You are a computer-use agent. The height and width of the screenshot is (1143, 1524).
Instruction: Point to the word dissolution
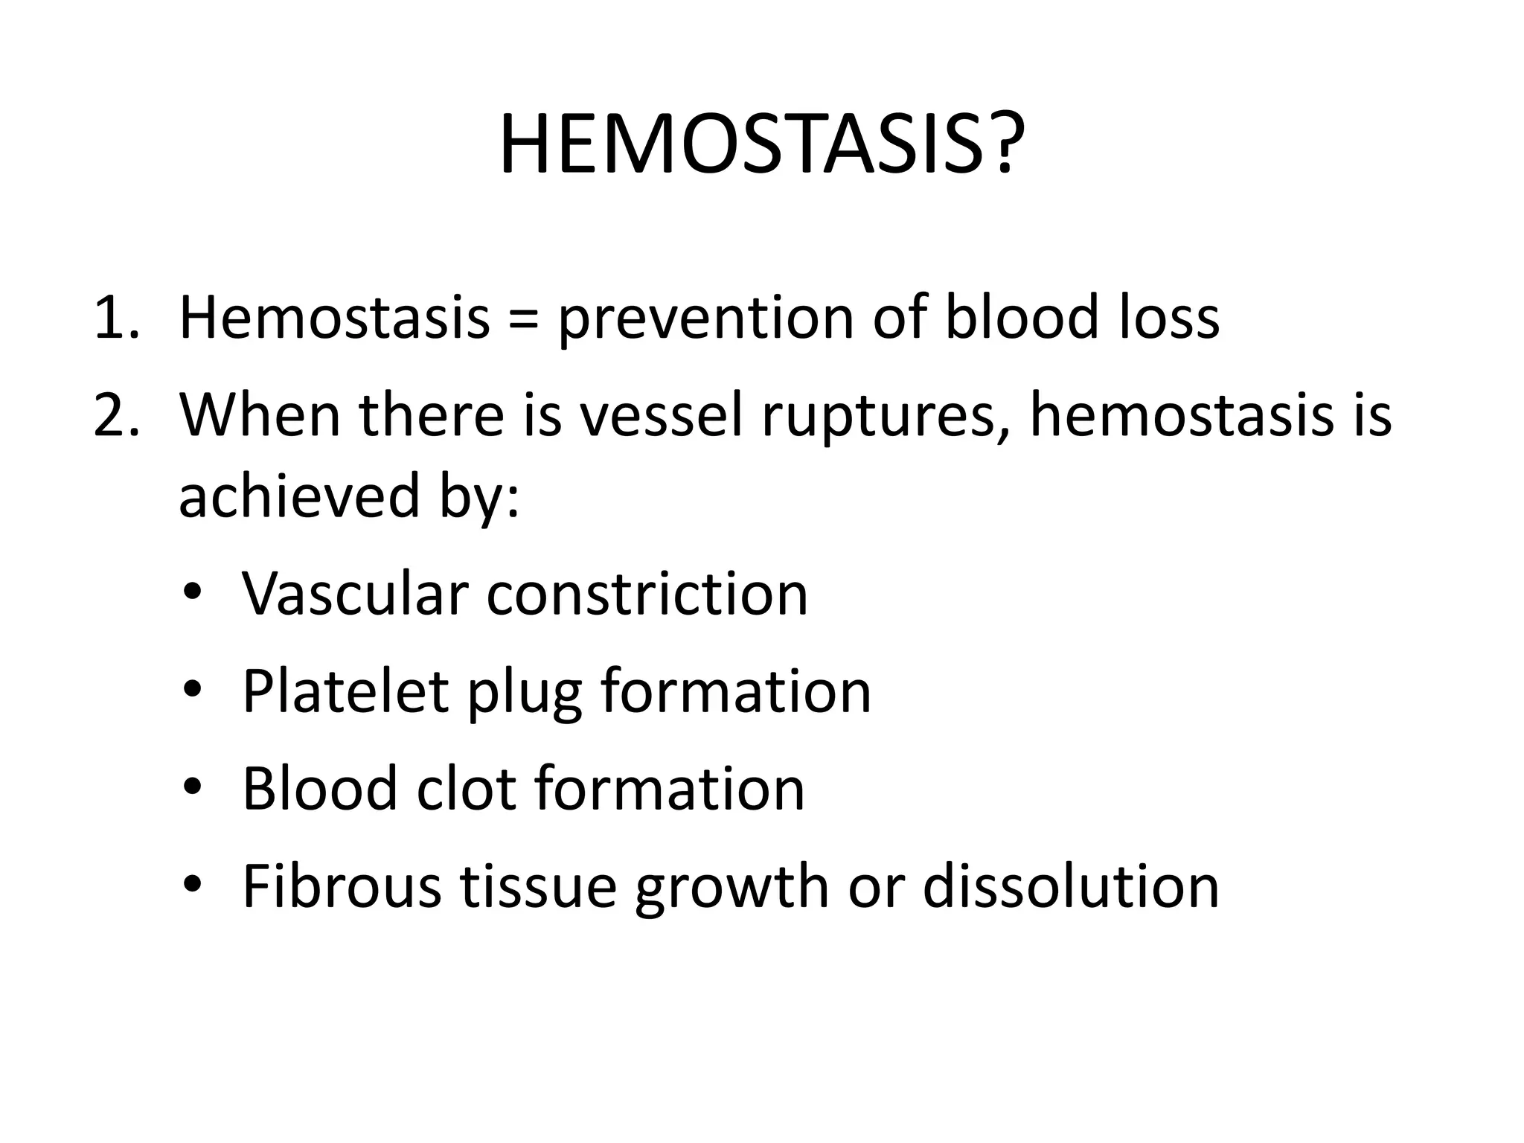(x=1071, y=886)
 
